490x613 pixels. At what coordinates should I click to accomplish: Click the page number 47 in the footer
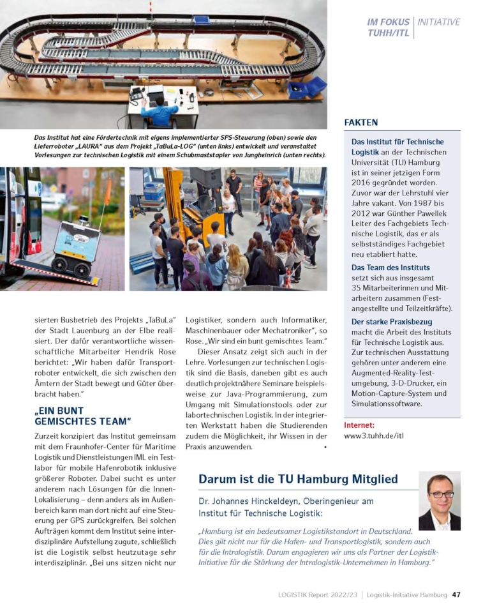[x=456, y=594]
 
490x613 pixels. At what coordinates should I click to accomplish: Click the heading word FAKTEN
[x=360, y=122]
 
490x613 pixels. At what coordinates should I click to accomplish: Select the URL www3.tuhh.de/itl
[x=375, y=436]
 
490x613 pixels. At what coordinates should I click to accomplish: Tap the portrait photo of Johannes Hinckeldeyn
[x=439, y=501]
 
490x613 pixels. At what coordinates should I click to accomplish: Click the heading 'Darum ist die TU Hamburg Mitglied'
[x=298, y=479]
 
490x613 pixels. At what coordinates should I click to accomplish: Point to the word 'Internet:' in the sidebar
[x=359, y=425]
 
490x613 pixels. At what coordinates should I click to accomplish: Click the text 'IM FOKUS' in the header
[x=389, y=22]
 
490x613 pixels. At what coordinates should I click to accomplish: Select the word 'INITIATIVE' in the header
[x=438, y=22]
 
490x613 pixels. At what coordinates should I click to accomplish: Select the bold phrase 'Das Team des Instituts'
[x=390, y=268]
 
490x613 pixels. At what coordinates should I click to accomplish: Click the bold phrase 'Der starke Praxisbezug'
[x=392, y=322]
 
